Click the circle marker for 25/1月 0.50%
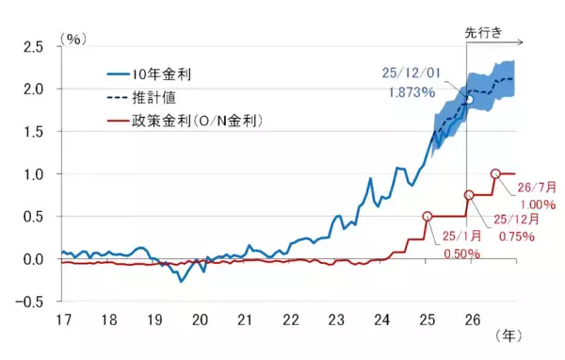coord(428,216)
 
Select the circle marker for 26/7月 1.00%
coord(495,173)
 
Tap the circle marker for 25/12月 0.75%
coord(469,195)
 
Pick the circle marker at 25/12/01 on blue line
coord(467,99)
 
